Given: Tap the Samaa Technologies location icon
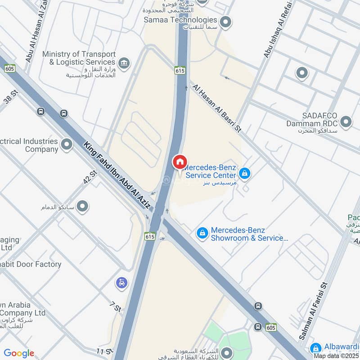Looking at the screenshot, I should click(x=225, y=21).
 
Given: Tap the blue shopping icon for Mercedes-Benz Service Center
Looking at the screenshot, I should click(x=244, y=173).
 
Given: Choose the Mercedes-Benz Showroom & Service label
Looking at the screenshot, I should click(x=249, y=234).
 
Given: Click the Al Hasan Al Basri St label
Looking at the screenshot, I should click(x=217, y=108).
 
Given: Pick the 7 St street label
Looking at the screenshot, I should click(x=116, y=307).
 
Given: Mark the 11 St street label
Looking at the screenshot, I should click(x=103, y=350).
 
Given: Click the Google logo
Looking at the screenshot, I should click(x=19, y=353).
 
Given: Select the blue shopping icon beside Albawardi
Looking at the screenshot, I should click(x=316, y=348).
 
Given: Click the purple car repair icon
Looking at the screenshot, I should click(x=121, y=283).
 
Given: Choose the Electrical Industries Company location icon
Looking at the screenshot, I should click(x=67, y=144).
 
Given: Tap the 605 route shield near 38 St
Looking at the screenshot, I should click(x=10, y=68).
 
